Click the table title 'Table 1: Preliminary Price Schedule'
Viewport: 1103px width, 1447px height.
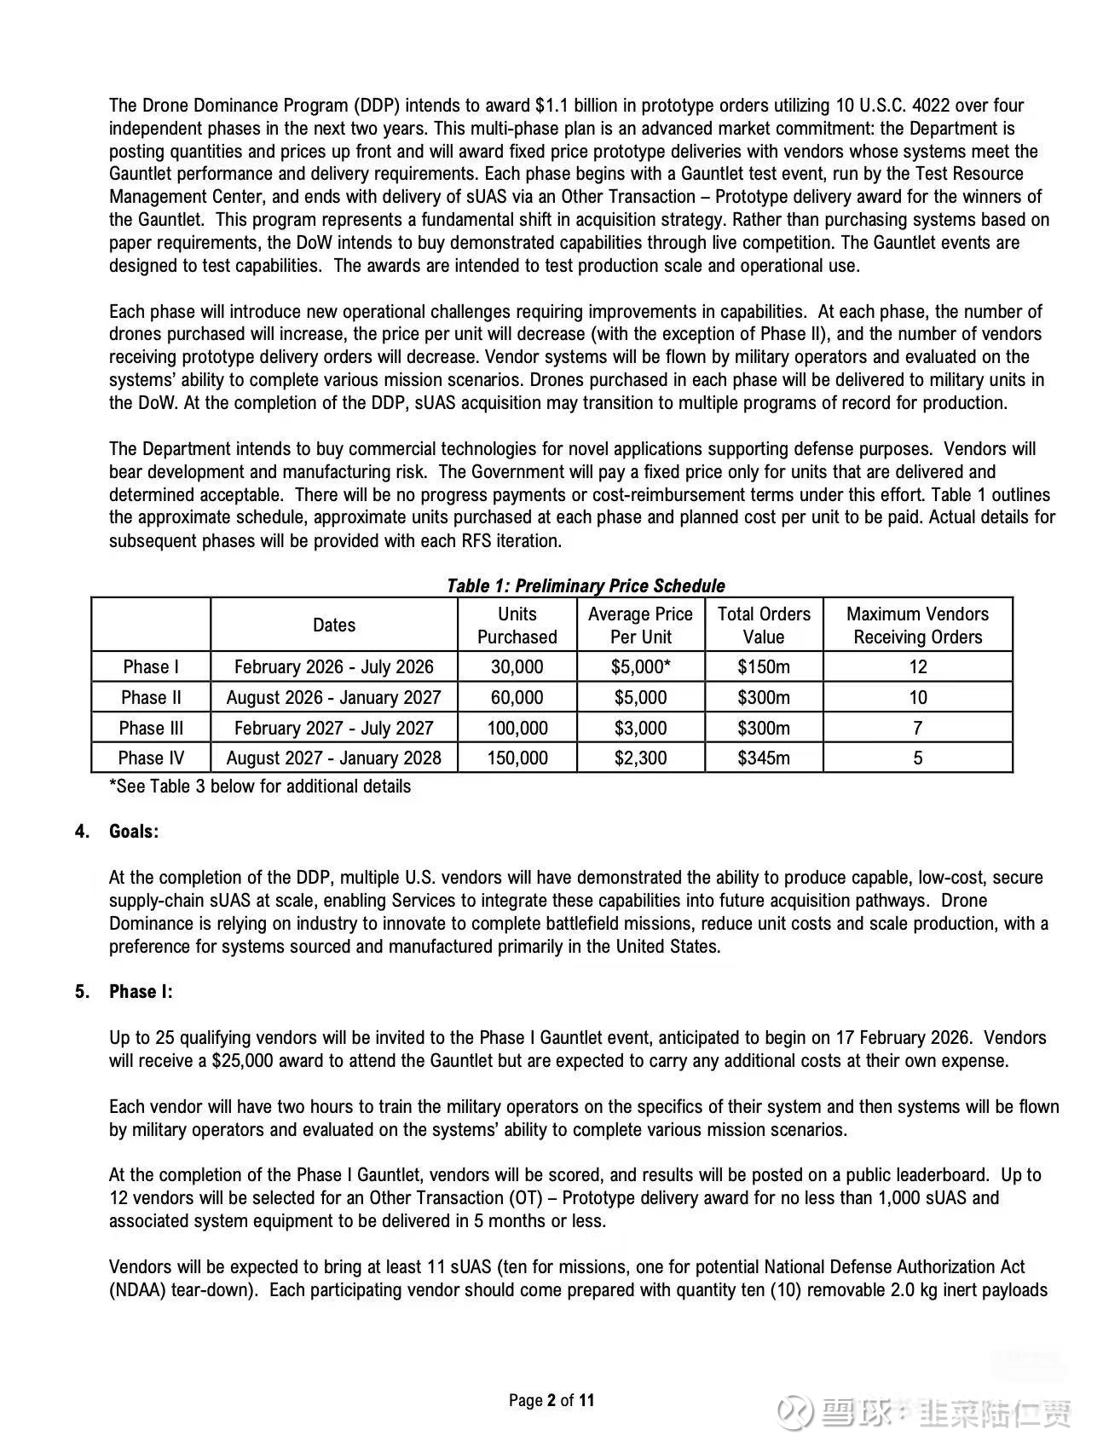[586, 585]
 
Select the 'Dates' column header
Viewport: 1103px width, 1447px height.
[333, 625]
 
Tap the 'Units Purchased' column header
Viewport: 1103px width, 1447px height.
[517, 625]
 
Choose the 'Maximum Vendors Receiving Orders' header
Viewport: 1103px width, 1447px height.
[917, 625]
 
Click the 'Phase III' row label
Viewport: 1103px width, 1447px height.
[151, 728]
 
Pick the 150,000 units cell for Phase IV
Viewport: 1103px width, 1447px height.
[517, 758]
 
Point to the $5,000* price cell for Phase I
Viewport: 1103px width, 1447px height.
[640, 666]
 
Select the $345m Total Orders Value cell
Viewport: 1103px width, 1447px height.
[763, 758]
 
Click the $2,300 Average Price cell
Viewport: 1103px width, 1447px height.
[640, 758]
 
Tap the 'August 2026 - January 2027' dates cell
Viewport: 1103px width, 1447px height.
[333, 697]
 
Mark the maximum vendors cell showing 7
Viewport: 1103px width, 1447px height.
[917, 728]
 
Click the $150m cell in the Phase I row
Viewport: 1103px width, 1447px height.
[763, 666]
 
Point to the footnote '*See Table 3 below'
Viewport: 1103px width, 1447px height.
[260, 786]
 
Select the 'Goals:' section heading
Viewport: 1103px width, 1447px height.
[134, 831]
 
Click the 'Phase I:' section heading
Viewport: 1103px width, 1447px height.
[141, 991]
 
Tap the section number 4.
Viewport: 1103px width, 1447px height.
[81, 831]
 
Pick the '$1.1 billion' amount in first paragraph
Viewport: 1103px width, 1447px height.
[584, 106]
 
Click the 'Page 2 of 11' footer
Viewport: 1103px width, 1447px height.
[551, 1399]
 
